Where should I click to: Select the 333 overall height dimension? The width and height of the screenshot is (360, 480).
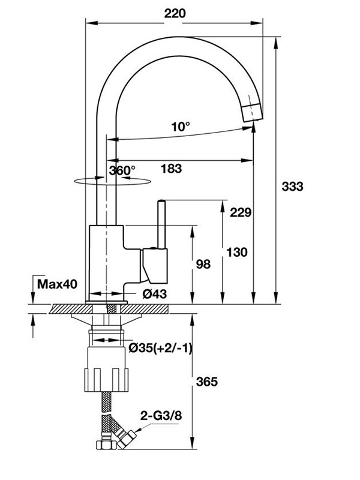point(292,186)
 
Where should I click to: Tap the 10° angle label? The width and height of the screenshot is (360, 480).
point(180,127)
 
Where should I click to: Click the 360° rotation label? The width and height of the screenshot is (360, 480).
point(122,170)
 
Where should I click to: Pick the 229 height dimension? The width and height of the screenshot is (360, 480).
point(239,212)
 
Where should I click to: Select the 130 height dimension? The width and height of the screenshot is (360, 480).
point(237,252)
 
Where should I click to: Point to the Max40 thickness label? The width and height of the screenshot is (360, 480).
point(57,283)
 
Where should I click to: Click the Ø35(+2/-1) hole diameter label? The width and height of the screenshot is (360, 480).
point(160,349)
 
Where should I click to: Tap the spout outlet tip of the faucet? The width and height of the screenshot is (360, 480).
point(252,111)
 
